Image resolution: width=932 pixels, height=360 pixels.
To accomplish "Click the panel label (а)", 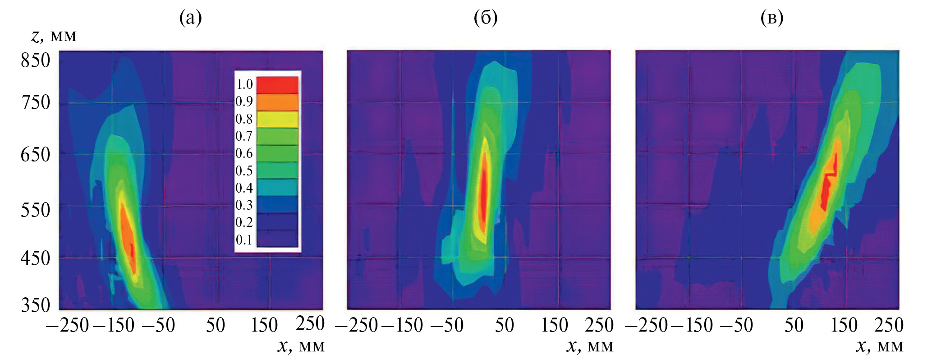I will pos(190,18).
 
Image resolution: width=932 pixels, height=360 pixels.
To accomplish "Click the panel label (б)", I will pos(486,18).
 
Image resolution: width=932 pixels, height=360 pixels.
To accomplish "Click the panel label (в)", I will pos(771,18).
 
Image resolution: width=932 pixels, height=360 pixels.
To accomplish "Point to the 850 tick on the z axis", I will pos(35,60).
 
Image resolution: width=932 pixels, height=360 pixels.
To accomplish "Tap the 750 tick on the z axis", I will pos(35,102).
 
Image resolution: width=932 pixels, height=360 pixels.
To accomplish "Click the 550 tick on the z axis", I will pos(35,210).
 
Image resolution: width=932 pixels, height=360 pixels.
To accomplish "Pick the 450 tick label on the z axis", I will pos(35,258).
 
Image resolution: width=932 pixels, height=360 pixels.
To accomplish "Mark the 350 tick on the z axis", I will pos(35,305).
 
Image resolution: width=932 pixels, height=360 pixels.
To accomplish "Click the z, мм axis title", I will pos(54,36).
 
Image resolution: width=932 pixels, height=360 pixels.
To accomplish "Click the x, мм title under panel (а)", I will pos(301,346).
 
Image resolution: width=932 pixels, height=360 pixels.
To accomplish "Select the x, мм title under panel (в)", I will pos(879,346).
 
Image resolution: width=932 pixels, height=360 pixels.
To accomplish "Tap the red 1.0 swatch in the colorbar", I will pos(277,85).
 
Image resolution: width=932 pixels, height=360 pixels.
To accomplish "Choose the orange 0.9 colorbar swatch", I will pos(277,102).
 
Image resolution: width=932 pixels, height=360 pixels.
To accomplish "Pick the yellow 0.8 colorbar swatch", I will pos(277,119).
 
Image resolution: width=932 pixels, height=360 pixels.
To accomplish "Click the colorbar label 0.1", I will pos(244,240).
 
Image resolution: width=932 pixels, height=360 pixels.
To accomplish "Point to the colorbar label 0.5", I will pos(244,171).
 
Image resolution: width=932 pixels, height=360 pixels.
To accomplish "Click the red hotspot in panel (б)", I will pos(483,194).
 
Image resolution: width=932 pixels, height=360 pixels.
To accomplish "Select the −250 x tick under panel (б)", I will pos(357,325).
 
